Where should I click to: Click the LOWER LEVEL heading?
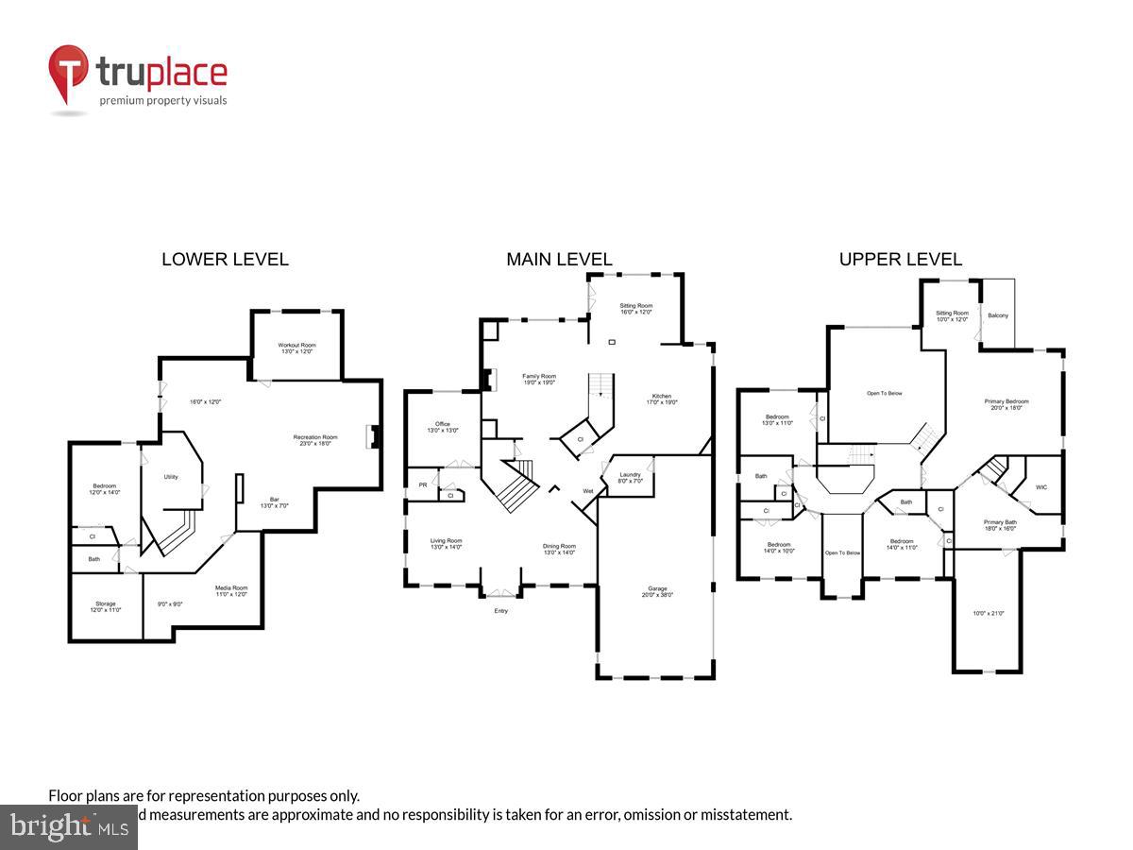coord(225,259)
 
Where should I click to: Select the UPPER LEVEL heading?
coord(901,259)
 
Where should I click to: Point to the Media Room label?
coord(231,589)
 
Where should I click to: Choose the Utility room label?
coord(171,477)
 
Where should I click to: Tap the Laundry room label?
coord(631,477)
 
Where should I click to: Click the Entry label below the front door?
coord(500,611)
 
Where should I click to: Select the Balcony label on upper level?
coord(998,315)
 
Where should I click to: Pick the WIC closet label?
coord(1040,488)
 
